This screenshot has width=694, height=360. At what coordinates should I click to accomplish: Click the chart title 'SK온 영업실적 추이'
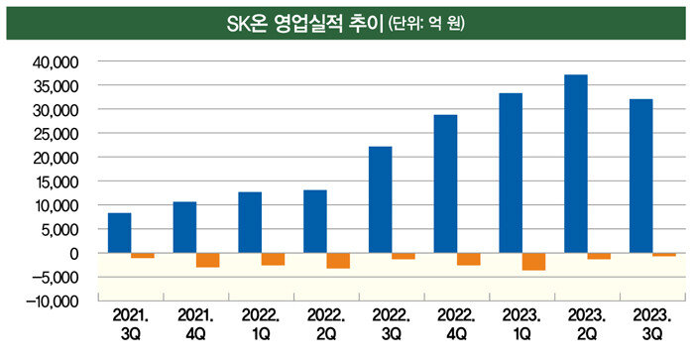coord(304,24)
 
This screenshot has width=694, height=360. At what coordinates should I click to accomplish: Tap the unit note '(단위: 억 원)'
coord(426,24)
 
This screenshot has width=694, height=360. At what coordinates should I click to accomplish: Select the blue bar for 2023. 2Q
coord(576,164)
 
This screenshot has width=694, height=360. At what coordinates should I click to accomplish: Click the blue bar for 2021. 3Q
coord(120,233)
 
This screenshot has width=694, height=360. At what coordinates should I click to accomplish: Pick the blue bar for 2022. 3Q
coord(380,199)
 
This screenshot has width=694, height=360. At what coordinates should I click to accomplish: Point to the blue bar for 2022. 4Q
coord(445,183)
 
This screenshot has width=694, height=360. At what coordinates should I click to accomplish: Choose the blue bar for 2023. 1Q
coord(511,174)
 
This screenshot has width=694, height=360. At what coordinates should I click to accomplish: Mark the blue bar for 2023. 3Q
coord(640,177)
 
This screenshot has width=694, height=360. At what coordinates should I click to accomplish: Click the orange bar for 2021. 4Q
coord(208,260)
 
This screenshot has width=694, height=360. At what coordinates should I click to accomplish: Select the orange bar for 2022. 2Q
coord(338,261)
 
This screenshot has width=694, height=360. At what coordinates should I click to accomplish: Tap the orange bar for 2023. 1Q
coord(533,262)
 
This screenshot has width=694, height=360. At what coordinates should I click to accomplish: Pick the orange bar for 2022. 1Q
coord(273,259)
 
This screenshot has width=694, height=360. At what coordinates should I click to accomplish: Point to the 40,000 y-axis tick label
coord(56,62)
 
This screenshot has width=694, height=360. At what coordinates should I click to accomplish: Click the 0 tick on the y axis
coord(74,254)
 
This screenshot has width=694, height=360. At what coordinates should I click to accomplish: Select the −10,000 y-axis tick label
coord(53,301)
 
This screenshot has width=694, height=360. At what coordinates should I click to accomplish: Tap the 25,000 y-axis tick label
coord(56,134)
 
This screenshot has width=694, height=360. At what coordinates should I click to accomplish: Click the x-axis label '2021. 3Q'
coord(131,324)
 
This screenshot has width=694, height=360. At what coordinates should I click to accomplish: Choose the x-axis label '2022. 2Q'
coord(326,324)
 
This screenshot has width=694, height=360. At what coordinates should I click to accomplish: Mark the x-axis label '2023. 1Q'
coord(521,324)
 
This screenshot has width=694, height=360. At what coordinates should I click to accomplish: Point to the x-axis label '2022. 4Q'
coord(456,324)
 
